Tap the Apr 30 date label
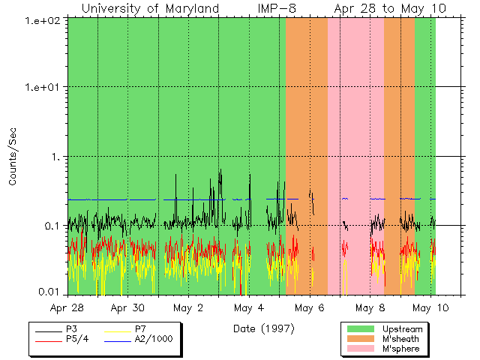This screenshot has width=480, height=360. pyautogui.click(x=127, y=307)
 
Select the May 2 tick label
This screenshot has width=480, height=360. pyautogui.click(x=187, y=307)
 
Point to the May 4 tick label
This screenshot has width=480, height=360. pyautogui.click(x=248, y=307)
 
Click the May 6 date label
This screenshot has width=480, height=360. pyautogui.click(x=308, y=307)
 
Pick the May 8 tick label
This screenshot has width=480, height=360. pyautogui.click(x=369, y=307)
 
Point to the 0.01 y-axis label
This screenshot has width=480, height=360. pyautogui.click(x=50, y=292)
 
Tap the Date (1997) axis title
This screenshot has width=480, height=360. pyautogui.click(x=263, y=328)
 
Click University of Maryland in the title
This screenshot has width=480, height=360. pyautogui.click(x=150, y=8)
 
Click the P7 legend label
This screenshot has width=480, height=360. pyautogui.click(x=140, y=328)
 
